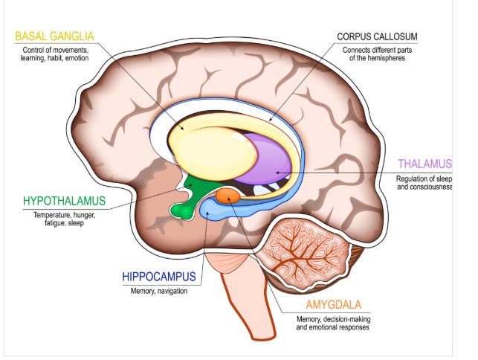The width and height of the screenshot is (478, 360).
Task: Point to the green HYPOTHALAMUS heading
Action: pyautogui.click(x=64, y=202)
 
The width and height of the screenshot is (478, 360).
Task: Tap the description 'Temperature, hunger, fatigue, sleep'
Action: pyautogui.click(x=63, y=219)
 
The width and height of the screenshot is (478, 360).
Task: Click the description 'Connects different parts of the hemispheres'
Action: pyautogui.click(x=378, y=54)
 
